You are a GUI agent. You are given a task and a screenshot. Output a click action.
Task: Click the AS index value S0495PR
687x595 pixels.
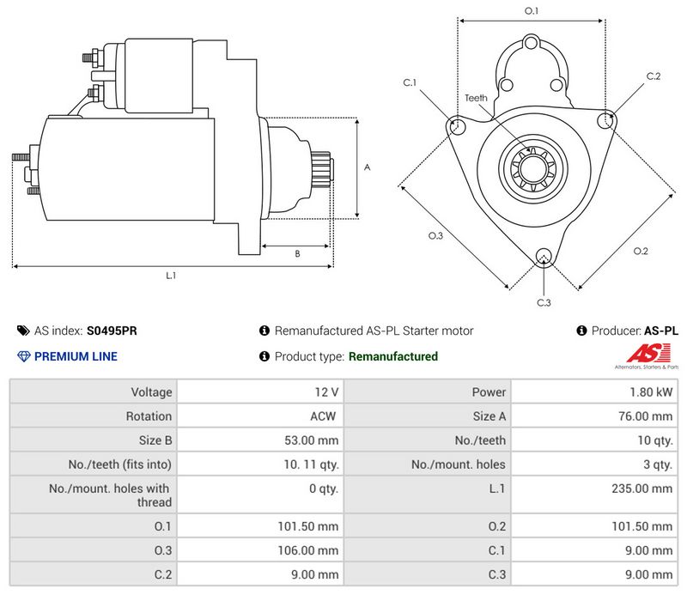coord(112,331)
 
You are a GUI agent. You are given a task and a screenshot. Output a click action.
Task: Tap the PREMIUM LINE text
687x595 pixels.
coord(76,356)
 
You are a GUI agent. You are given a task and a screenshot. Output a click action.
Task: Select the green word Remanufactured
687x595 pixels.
coord(393,356)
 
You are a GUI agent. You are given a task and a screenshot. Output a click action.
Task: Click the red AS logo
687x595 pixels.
coord(648,354)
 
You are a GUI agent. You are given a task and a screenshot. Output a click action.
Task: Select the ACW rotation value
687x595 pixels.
coord(323,416)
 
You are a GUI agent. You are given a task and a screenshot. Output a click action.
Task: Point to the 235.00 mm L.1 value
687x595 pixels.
coord(641,489)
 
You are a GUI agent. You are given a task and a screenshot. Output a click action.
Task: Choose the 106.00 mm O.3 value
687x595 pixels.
coord(308,550)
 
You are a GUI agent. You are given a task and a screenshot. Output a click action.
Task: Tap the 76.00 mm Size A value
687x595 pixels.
coord(646,416)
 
